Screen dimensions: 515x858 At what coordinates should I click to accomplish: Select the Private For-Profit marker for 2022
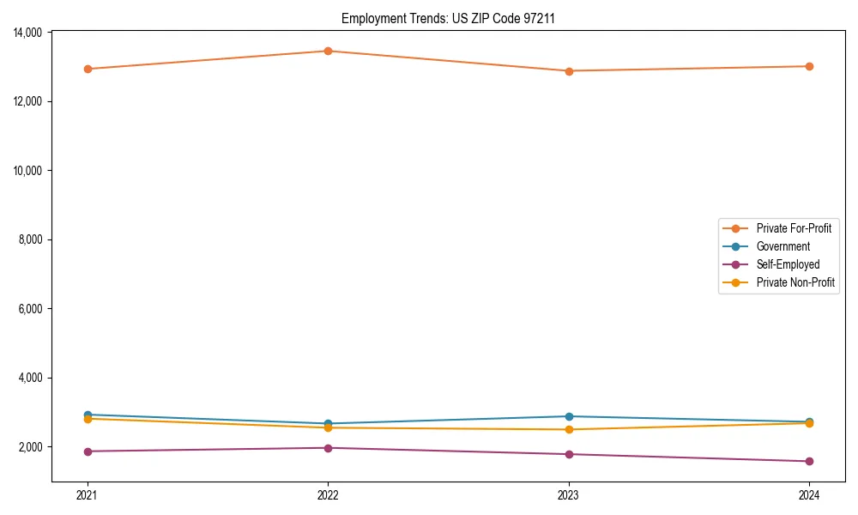coord(328,51)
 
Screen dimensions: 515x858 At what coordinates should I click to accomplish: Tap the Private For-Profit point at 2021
coord(88,69)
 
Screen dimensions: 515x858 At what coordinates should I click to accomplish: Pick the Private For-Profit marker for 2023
coord(569,71)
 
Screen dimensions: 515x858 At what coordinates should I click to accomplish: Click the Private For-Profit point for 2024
coord(809,66)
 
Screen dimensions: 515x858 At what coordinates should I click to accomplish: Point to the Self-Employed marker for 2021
coord(88,451)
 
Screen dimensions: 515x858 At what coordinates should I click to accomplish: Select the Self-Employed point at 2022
coord(328,448)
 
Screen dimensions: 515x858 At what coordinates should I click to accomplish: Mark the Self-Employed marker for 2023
coord(569,454)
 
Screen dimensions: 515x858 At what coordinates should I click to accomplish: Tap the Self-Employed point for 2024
coord(809,462)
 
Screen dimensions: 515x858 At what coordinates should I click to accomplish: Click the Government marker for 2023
coord(569,416)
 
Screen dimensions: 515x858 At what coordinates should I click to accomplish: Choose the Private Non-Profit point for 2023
coord(569,429)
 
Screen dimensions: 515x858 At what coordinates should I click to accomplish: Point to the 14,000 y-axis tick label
coord(27,33)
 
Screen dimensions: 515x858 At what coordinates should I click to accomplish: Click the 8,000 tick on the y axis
coord(31,239)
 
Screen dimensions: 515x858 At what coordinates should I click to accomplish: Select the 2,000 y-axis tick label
coord(31,447)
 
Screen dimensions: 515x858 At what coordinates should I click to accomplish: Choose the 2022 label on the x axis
coord(328,494)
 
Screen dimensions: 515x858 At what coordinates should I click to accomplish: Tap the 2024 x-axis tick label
coord(809,494)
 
